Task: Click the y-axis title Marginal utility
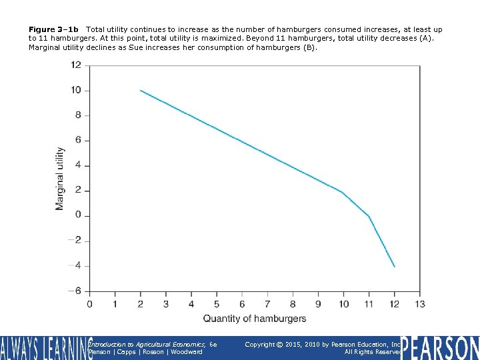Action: point(60,179)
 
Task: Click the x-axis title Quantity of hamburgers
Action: point(255,319)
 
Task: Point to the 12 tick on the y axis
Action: point(76,65)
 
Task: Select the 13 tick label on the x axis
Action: point(419,305)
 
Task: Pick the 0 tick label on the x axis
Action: point(90,305)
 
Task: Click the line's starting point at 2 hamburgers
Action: point(141,90)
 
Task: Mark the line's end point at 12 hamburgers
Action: point(395,266)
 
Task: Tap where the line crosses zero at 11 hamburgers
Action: point(369,216)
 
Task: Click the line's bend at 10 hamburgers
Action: point(343,193)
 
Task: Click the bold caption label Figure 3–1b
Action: point(53,29)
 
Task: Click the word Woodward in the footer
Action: point(187,351)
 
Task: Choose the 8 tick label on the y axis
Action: point(78,115)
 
